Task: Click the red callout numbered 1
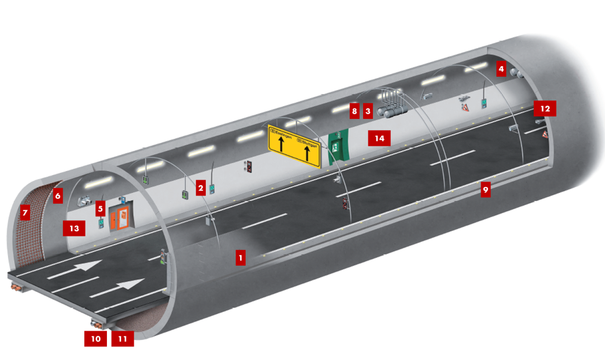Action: click(241, 258)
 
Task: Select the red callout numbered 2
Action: click(201, 189)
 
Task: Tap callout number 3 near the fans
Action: click(368, 110)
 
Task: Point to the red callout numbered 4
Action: click(501, 68)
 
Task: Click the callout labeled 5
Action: click(100, 208)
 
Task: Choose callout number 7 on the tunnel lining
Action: click(23, 212)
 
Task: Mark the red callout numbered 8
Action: click(354, 110)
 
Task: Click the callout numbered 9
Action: click(486, 189)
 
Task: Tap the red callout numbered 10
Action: click(96, 338)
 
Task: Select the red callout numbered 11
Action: click(123, 338)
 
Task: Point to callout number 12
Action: click(545, 108)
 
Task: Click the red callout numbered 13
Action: click(74, 228)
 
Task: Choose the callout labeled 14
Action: click(379, 138)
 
